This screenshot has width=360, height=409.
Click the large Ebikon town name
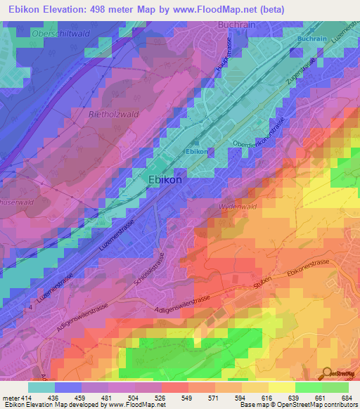pos(166,180)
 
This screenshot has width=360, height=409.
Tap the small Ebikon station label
pos(196,152)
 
